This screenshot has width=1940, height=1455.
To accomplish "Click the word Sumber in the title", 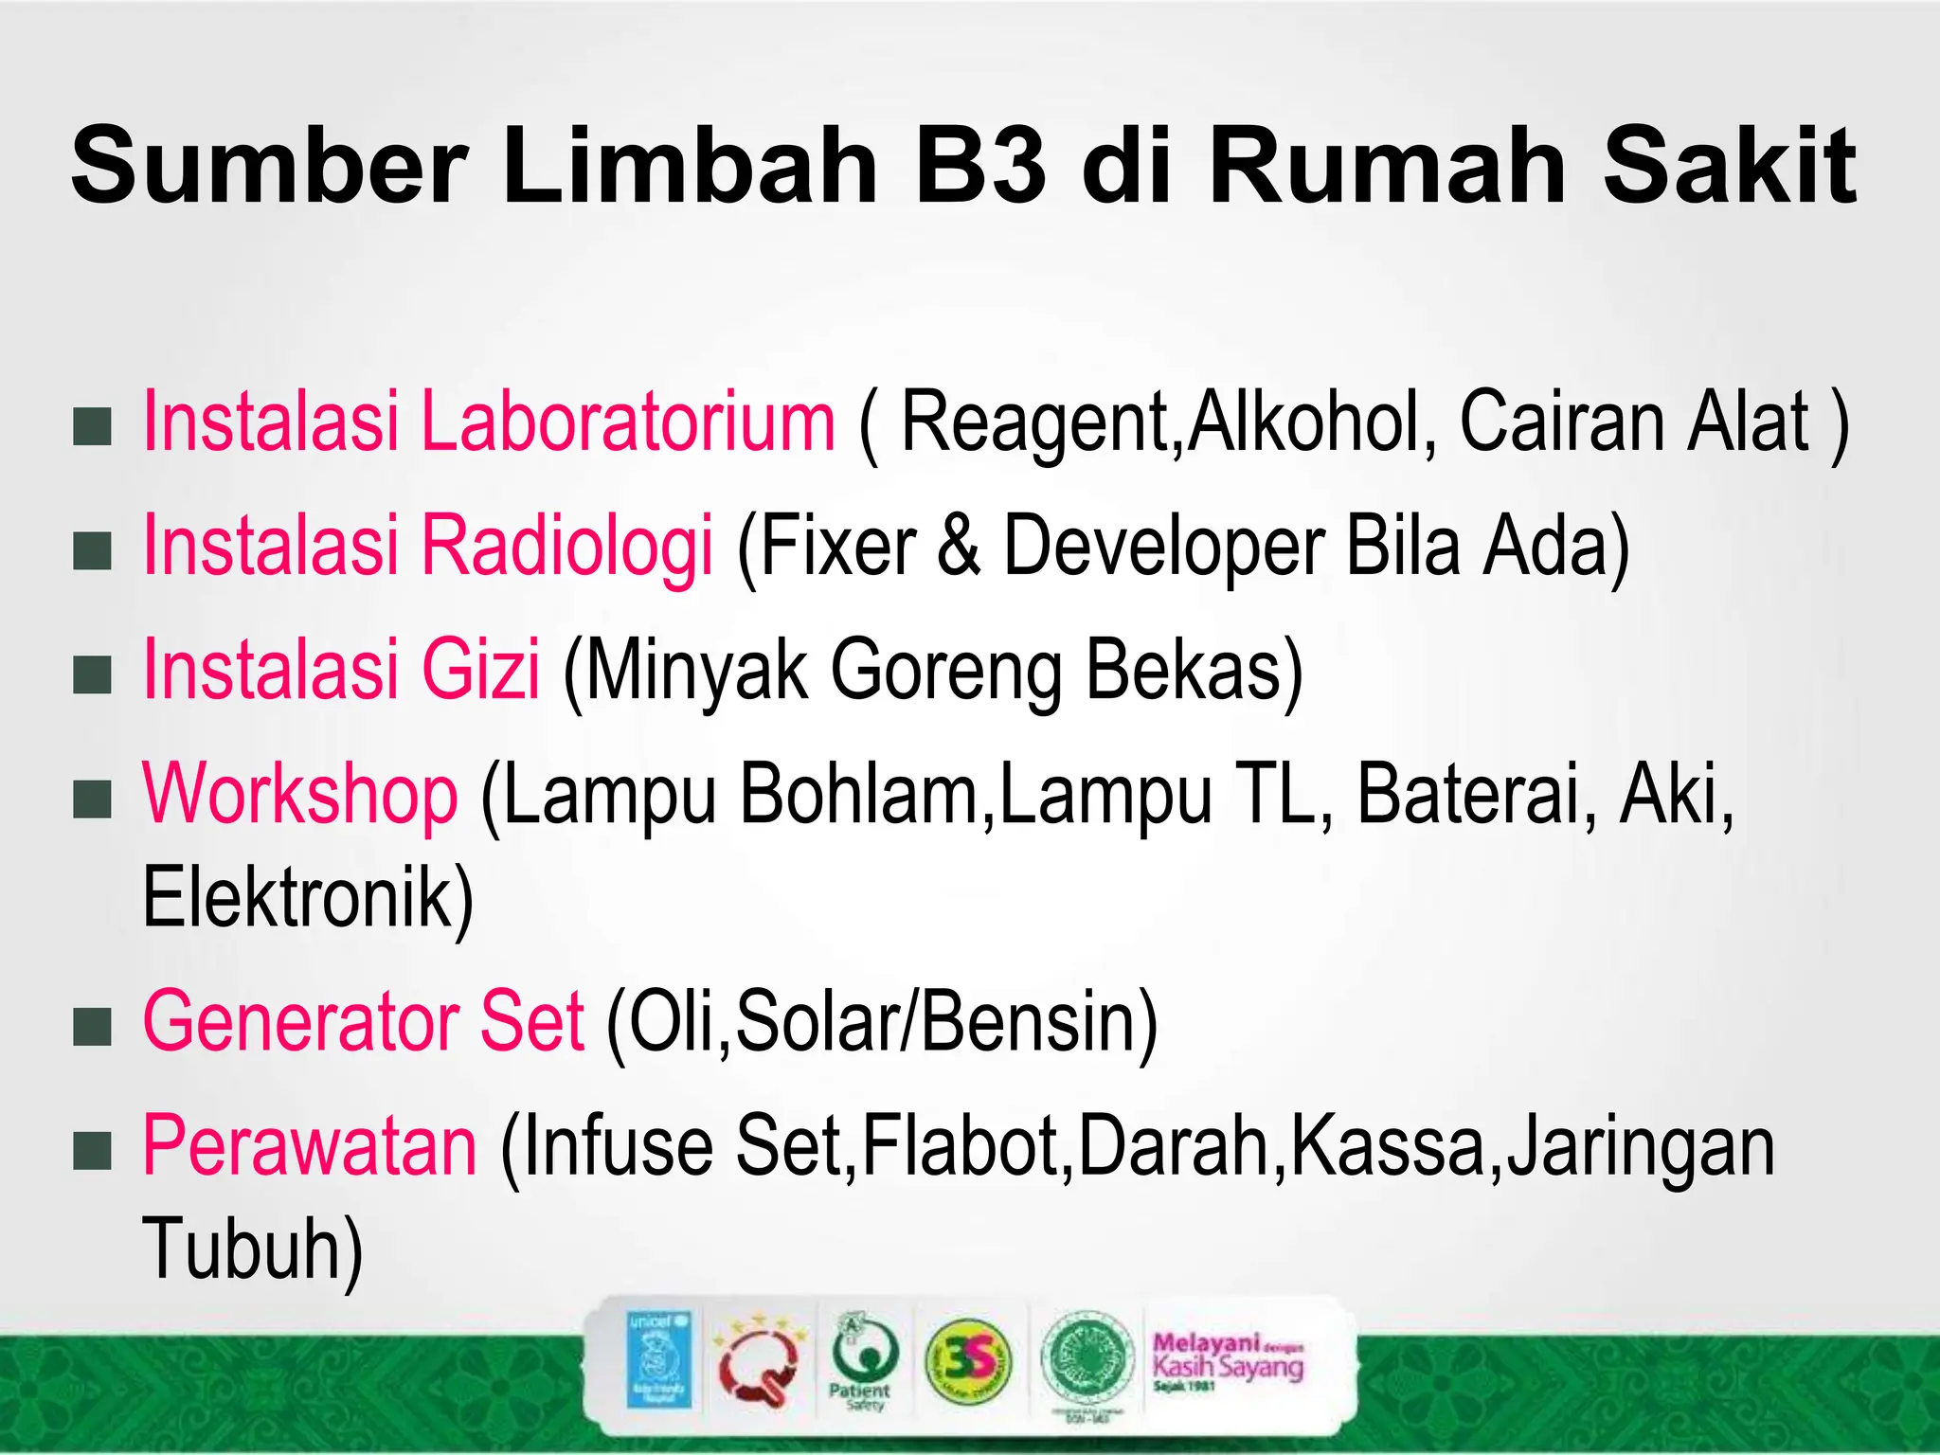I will (x=269, y=167).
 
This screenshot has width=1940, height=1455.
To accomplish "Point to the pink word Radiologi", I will (x=566, y=546).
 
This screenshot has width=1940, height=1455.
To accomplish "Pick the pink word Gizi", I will (x=480, y=670).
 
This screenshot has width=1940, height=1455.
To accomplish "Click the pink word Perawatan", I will (x=310, y=1146).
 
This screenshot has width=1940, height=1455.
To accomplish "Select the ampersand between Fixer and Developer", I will (x=959, y=546).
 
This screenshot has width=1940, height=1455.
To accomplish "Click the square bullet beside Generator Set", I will (x=93, y=1027).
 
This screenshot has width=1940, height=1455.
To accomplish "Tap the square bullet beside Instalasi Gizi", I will (x=93, y=675).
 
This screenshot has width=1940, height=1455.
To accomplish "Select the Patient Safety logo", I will (x=859, y=1365).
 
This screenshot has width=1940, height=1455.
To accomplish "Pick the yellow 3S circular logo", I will (x=967, y=1362).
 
